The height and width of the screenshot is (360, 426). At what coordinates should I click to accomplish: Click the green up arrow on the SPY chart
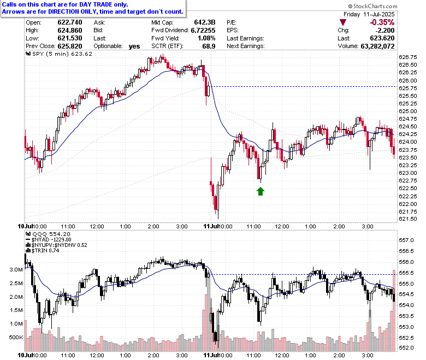click(x=261, y=191)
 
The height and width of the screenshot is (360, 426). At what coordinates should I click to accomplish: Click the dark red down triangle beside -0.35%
click(x=343, y=22)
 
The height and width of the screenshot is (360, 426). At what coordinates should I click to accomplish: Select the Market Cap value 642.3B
click(x=205, y=22)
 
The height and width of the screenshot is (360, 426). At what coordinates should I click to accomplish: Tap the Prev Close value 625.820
click(x=70, y=46)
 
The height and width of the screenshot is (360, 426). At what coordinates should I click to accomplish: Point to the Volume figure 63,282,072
click(x=377, y=46)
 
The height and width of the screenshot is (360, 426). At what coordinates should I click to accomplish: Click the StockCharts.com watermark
click(x=372, y=6)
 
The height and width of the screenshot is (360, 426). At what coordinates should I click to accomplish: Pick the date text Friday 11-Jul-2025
click(x=369, y=14)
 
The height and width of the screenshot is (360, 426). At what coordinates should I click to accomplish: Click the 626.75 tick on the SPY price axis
click(x=407, y=57)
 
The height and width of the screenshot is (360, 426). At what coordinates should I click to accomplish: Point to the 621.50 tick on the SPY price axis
click(x=407, y=219)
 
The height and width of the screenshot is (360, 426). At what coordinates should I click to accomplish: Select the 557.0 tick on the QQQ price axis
click(x=406, y=240)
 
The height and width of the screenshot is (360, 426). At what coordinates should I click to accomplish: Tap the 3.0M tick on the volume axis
click(x=16, y=270)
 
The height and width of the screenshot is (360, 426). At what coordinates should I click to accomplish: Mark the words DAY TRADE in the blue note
click(x=96, y=4)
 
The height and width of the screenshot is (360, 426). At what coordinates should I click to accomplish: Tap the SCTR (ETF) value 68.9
click(x=209, y=46)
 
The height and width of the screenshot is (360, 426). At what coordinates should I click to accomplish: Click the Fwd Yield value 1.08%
click(x=206, y=38)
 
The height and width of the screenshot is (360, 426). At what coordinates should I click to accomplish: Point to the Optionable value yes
click(x=134, y=46)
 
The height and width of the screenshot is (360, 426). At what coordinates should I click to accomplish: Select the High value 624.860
click(x=70, y=31)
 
